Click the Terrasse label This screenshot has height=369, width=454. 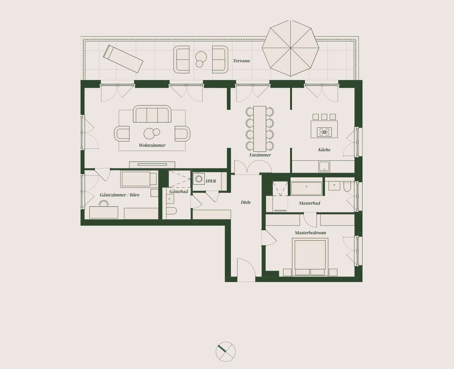(241, 61)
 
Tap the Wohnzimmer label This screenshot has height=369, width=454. (152, 145)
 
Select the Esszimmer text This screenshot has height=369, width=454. (260, 155)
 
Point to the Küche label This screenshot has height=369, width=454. (324, 150)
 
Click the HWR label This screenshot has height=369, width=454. (211, 181)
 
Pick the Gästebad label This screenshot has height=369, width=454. (178, 191)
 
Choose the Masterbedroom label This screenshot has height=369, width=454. (310, 233)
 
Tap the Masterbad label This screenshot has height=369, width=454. (309, 203)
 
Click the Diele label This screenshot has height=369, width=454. (246, 202)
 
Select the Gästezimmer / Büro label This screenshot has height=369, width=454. (119, 195)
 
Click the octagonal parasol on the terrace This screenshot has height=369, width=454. (290, 48)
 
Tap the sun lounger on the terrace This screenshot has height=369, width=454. (123, 59)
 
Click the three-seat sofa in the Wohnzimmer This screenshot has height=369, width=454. (152, 114)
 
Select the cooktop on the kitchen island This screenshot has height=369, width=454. (324, 132)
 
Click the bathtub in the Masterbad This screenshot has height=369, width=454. (306, 189)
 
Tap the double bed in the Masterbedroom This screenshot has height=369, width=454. (310, 257)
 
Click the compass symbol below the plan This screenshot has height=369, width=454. (225, 352)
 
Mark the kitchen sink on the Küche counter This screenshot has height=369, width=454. (324, 166)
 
